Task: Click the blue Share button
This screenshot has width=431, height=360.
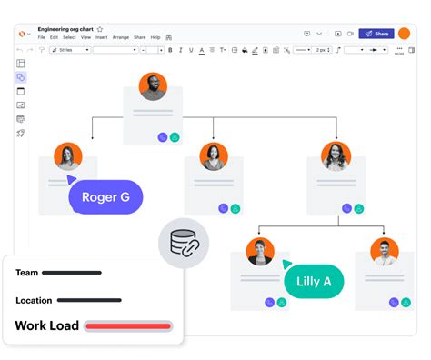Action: tap(376, 34)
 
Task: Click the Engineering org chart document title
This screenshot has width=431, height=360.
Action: tap(65, 29)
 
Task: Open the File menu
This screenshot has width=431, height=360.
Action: tap(41, 37)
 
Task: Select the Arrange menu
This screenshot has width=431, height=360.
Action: tap(120, 37)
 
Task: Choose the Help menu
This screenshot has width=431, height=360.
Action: tap(155, 37)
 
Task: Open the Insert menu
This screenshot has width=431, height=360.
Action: tap(100, 37)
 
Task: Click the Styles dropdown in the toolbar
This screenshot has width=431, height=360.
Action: tap(69, 50)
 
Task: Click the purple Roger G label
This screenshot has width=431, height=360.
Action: tap(105, 196)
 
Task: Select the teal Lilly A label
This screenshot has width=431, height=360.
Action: tap(314, 281)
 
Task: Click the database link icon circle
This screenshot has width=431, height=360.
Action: tap(184, 243)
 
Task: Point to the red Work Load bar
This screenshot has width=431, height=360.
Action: tap(128, 325)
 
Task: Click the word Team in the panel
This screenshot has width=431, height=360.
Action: tap(27, 273)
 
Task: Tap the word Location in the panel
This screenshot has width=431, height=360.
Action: tap(34, 300)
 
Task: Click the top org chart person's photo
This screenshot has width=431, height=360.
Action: tap(153, 87)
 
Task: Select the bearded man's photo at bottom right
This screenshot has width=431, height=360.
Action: tap(384, 252)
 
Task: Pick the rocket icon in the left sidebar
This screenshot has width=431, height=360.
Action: tap(21, 133)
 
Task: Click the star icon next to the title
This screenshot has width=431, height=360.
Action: tap(99, 29)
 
